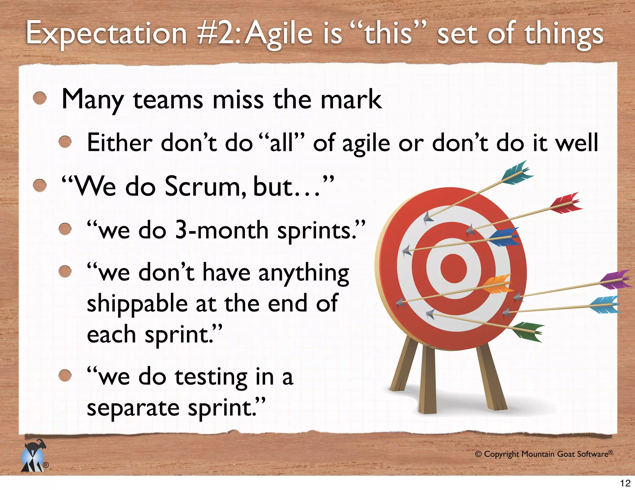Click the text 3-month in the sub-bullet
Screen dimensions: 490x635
tap(222, 230)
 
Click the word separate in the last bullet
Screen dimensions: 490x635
tap(133, 408)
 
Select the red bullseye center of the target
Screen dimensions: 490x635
tap(453, 268)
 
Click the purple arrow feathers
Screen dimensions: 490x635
tap(615, 280)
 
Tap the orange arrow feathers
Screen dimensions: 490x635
tap(498, 284)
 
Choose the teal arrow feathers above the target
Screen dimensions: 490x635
tap(517, 173)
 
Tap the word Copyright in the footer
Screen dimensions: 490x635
tap(501, 454)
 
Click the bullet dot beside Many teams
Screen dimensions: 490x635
tap(40, 98)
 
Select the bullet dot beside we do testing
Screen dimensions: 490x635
tap(65, 375)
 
